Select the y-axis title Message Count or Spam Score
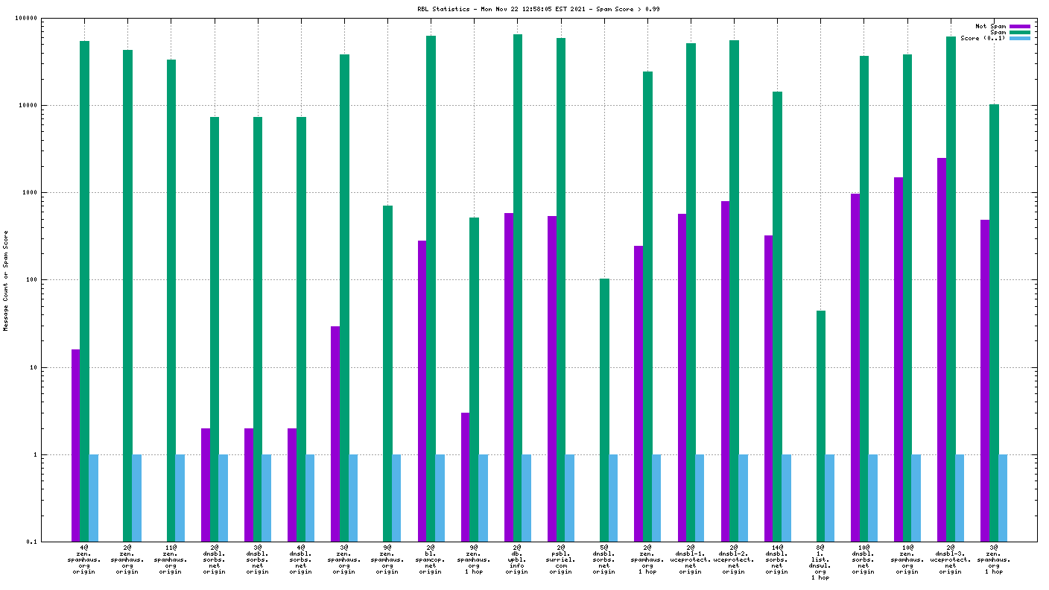[x=6, y=281]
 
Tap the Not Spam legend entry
[x=991, y=26]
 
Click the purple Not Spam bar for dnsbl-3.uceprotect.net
[x=942, y=349]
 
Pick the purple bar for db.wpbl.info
[x=509, y=377]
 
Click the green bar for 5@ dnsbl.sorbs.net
[x=604, y=410]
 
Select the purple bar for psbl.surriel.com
[x=552, y=378]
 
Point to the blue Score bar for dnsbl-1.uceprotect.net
[x=700, y=498]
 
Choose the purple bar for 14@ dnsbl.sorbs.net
[x=769, y=388]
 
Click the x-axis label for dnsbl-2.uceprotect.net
[x=734, y=559]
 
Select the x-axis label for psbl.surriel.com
[x=561, y=559]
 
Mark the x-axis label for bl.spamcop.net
[x=431, y=559]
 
